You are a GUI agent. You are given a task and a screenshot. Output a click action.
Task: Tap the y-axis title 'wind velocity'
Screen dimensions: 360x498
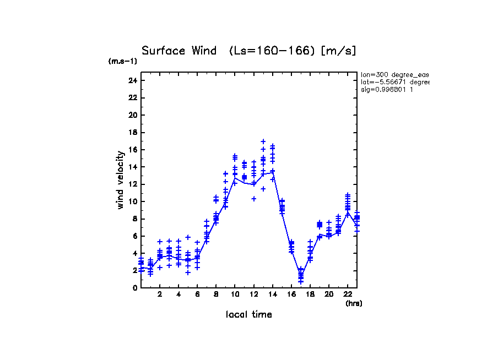[120, 180]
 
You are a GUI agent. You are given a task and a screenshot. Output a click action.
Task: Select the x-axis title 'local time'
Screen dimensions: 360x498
[248, 315]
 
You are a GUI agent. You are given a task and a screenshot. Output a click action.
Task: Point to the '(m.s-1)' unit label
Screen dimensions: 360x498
[123, 62]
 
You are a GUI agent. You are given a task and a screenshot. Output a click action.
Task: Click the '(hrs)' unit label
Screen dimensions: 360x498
[354, 303]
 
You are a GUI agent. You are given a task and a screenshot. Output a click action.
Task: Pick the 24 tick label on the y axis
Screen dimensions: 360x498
[132, 80]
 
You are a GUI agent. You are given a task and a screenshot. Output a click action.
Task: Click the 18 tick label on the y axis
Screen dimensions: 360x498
[132, 132]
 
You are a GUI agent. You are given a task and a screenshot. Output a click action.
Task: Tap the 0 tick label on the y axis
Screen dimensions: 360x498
[134, 287]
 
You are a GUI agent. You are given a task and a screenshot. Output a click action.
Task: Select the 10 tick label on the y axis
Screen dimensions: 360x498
[132, 201]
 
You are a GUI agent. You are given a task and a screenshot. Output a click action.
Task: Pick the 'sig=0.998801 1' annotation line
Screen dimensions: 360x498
[387, 90]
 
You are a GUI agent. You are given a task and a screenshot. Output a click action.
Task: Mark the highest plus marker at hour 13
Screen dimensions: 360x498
[263, 141]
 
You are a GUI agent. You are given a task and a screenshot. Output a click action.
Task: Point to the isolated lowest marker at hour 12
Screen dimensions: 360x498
[254, 199]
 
